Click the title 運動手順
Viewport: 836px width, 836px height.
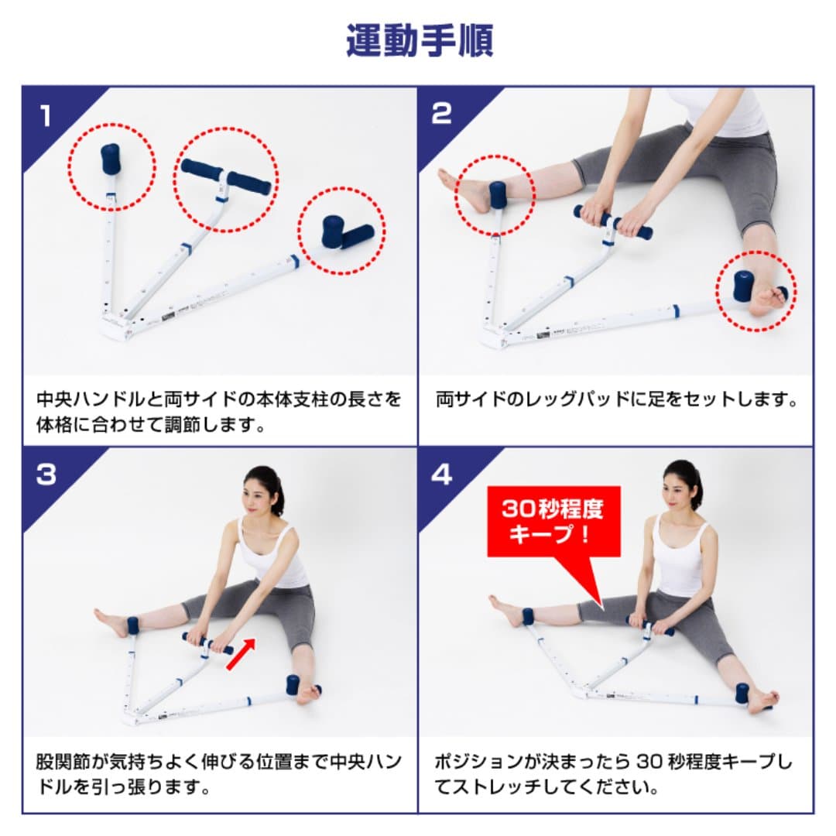point(419,40)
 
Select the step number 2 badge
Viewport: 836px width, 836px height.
point(440,114)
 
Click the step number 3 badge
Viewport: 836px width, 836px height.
point(46,475)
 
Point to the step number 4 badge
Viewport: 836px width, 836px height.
point(441,475)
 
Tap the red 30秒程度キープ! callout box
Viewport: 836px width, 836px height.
point(553,521)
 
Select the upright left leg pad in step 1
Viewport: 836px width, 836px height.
point(111,159)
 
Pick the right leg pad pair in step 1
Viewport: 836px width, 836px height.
point(346,232)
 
